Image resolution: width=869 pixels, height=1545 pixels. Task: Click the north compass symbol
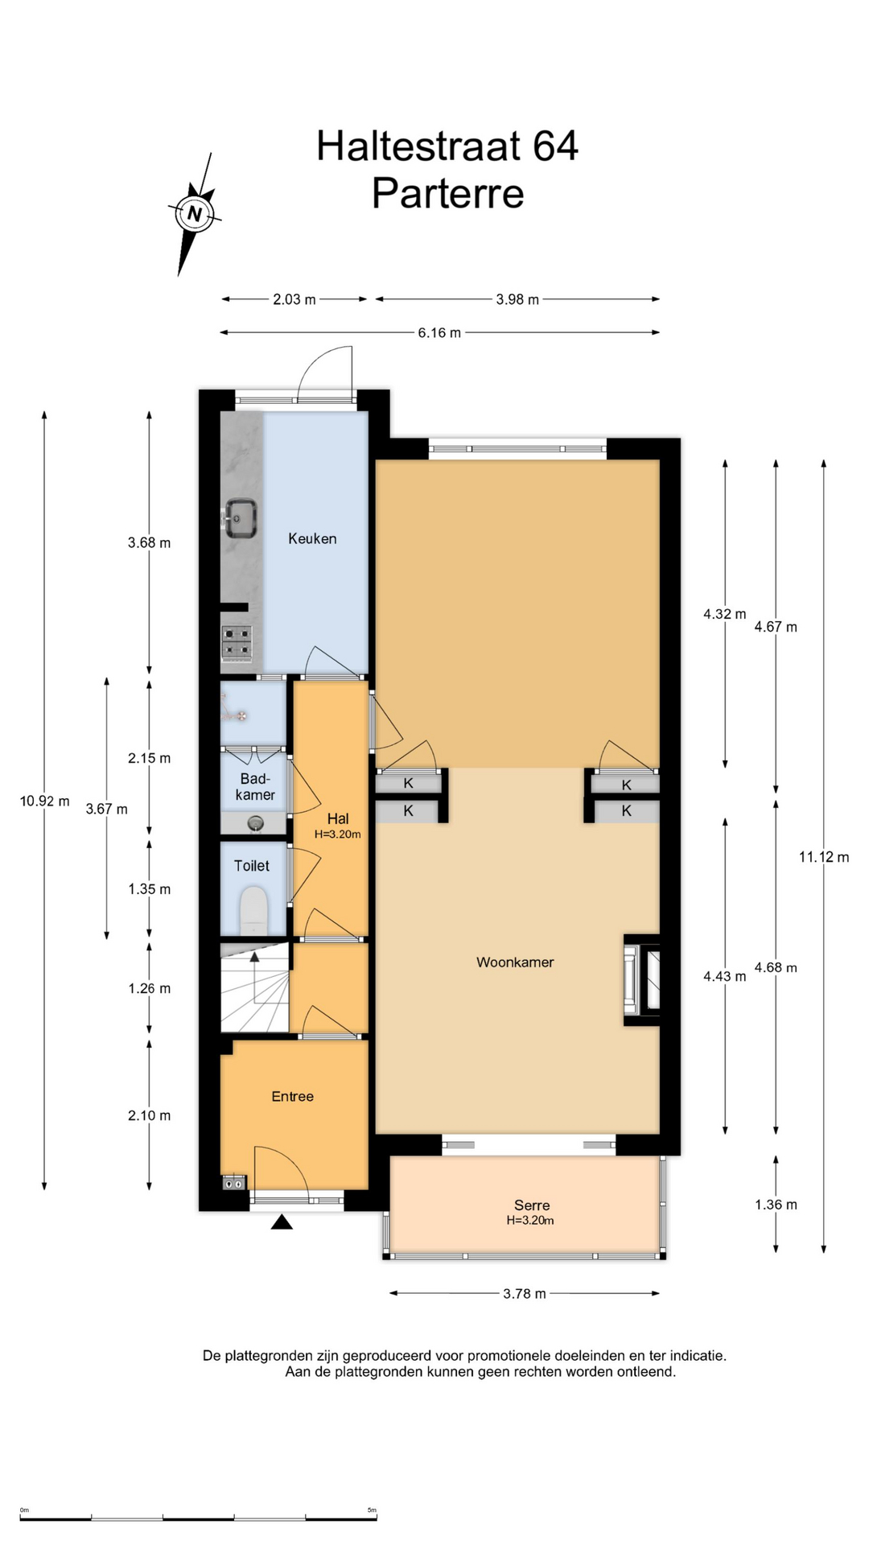point(194,214)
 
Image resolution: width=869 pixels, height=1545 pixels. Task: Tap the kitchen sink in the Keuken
point(240,517)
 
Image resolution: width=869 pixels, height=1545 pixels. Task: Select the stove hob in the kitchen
point(237,644)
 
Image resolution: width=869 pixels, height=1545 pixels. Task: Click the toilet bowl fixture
point(253,911)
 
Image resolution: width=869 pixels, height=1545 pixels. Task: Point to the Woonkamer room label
point(515,962)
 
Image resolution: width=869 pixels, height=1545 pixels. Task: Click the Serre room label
point(532,1205)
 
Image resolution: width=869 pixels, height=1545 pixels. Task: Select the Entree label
point(292,1097)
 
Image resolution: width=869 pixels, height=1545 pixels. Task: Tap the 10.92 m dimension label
point(45,801)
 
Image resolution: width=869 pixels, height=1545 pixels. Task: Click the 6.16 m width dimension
point(439,333)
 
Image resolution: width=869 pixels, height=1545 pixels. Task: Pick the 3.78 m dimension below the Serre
point(525,1294)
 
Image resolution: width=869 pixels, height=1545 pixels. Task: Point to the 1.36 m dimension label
point(776,1205)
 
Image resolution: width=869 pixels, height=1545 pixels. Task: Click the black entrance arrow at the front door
point(281,1222)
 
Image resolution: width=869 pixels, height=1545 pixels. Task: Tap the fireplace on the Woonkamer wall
point(642,979)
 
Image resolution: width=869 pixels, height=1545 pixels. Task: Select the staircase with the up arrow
point(254,987)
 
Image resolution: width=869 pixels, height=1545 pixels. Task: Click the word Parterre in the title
point(447,194)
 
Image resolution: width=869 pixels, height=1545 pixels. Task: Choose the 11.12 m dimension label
point(824,858)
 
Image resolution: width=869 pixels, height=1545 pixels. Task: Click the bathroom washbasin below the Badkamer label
point(256,823)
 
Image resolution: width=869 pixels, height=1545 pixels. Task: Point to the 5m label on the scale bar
point(372,1510)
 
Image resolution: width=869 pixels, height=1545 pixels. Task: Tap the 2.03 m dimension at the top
point(294,299)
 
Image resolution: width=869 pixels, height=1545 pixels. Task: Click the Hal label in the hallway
point(338,819)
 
